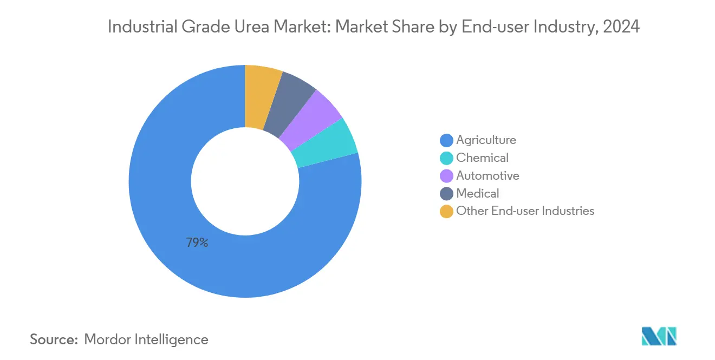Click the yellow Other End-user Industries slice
(262, 96)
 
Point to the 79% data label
(197, 243)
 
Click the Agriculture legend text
(486, 140)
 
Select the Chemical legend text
(482, 158)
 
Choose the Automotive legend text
(487, 175)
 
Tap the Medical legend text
(477, 193)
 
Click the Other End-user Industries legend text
(525, 211)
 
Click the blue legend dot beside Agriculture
(446, 141)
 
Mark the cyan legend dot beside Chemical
(446, 159)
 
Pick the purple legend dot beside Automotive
(446, 176)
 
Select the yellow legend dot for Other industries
(446, 211)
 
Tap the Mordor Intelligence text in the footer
(146, 339)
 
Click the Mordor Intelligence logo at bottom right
(659, 337)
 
